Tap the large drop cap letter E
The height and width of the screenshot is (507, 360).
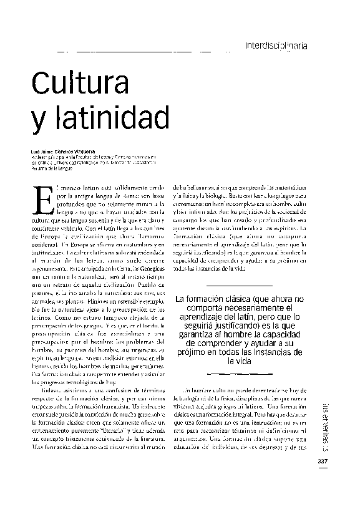(41, 203)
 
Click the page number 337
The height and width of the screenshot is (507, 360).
(323, 461)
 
